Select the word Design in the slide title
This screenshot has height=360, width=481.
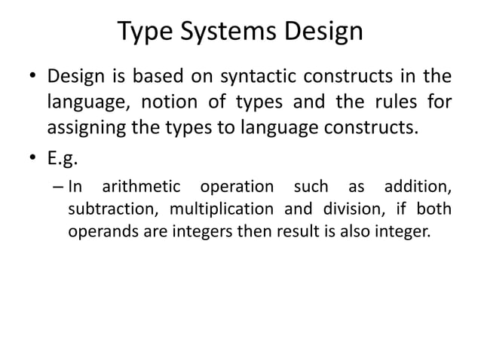(322, 32)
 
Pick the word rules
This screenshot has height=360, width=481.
(394, 101)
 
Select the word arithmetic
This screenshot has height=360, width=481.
(142, 186)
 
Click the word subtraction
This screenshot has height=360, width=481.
(113, 209)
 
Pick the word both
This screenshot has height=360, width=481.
(434, 209)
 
